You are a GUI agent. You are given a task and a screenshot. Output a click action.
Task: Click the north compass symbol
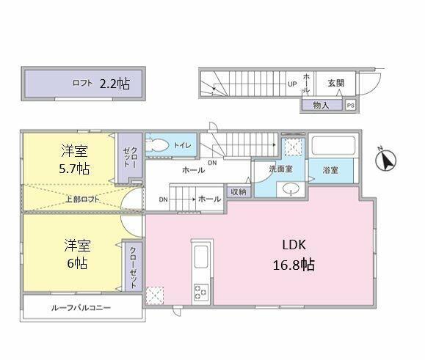coord(385,159)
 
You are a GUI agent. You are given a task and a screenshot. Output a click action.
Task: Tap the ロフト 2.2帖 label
coord(101,84)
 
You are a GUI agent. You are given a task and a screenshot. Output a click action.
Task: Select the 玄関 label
coord(337,83)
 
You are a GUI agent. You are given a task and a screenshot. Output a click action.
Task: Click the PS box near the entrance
coord(350,105)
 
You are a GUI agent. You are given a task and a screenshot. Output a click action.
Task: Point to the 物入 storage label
coord(320,105)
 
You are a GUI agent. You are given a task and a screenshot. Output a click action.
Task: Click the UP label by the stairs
coord(291,84)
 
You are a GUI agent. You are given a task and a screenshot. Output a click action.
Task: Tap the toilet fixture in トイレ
coord(156,144)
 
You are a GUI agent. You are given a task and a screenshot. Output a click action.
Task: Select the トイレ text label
coord(182,145)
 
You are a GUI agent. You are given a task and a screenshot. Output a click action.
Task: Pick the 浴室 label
coord(330,170)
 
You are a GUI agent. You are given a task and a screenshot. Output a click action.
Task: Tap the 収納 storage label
coord(238,191)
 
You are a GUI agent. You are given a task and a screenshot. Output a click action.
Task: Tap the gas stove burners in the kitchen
coord(200,293)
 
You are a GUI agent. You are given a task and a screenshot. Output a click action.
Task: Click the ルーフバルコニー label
coord(81,307)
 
